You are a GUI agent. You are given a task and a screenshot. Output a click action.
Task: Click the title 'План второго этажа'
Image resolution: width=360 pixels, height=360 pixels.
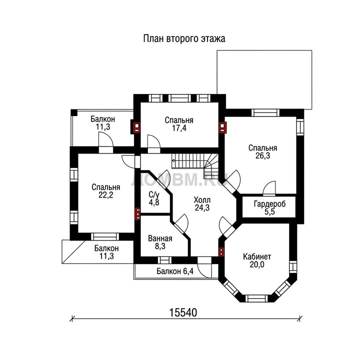184,38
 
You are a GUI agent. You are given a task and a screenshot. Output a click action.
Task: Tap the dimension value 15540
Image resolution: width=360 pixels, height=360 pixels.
183,312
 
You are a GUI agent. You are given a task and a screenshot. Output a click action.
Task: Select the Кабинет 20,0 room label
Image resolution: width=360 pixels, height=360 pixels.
257,260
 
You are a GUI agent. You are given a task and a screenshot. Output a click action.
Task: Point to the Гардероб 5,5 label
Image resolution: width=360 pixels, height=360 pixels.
269,207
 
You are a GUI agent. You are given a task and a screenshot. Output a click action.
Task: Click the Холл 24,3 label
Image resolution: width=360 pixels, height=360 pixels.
202,203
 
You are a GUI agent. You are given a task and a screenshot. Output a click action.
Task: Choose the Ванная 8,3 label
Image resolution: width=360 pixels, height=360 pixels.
160,242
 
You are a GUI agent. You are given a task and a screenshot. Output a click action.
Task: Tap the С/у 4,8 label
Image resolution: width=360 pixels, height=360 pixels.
154,198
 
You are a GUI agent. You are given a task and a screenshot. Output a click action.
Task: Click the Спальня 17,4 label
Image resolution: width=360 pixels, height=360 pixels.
179,124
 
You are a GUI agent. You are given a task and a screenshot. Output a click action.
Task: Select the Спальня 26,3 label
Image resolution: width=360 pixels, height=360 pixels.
262,152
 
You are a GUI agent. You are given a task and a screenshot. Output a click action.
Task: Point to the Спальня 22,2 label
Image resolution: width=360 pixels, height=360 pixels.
106,191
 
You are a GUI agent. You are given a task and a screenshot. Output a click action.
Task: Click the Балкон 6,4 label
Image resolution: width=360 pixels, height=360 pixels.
175,271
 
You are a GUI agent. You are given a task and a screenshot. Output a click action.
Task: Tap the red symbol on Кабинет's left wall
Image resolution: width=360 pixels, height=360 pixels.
221,252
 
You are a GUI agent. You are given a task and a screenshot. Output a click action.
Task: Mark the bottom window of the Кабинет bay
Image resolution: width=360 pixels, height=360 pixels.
256,298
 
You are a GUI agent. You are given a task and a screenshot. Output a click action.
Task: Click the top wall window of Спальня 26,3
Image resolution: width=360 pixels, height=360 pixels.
265,112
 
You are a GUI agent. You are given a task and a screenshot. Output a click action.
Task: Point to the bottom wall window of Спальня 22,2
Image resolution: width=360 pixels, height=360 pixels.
105,236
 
